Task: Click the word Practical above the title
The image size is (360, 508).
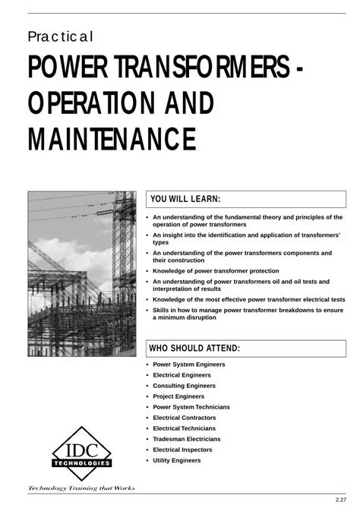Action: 60,36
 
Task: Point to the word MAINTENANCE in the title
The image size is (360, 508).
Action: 112,139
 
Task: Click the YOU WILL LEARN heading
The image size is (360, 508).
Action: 185,199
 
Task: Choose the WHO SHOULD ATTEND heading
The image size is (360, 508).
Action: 194,348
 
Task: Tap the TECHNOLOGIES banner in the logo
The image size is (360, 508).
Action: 81,462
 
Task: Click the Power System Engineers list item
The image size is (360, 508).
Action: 189,364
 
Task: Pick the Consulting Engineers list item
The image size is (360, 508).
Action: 185,386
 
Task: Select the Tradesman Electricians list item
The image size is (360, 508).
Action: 187,439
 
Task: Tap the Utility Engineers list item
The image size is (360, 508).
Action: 177,460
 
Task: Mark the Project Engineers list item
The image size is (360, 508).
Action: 178,396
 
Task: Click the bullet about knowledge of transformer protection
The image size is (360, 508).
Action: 216,270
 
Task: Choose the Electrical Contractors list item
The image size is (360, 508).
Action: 185,418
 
